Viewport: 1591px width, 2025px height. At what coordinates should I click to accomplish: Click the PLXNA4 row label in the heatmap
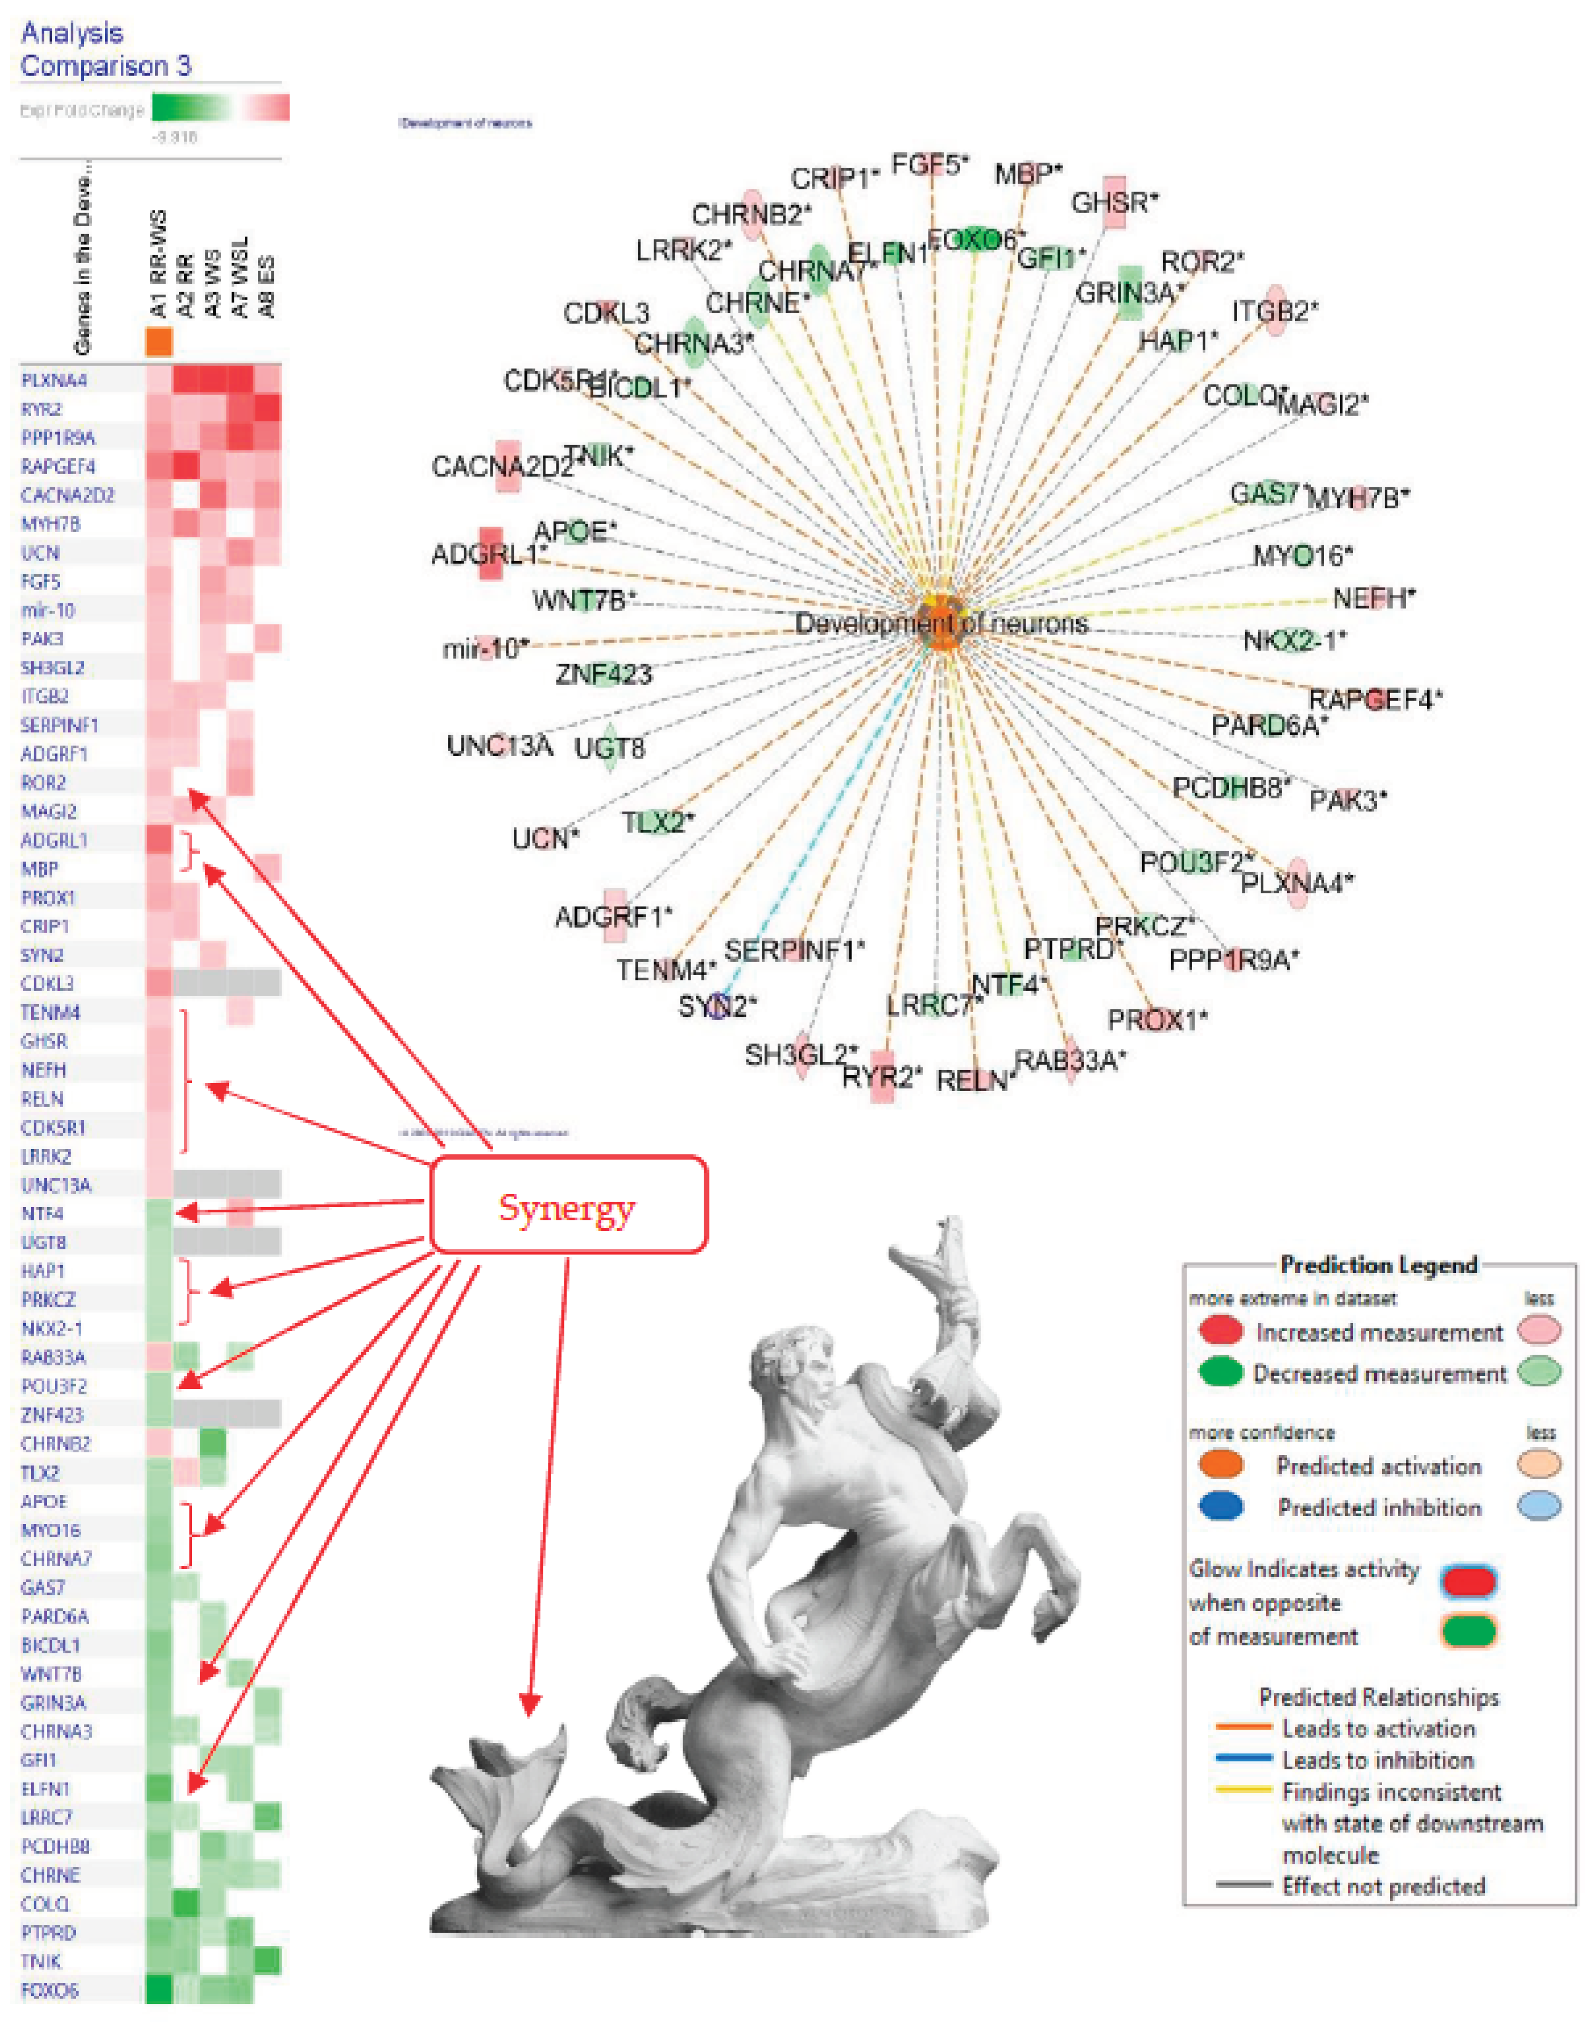tap(54, 380)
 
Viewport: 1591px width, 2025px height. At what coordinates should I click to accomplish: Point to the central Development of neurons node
tap(941, 622)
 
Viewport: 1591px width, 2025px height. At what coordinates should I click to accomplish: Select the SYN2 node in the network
tap(716, 1007)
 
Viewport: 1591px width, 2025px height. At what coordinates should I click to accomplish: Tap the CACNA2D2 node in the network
tap(507, 466)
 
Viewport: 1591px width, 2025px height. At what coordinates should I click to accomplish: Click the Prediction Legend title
tap(1378, 1265)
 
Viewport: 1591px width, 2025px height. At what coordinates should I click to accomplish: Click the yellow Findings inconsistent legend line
tap(1243, 1789)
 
